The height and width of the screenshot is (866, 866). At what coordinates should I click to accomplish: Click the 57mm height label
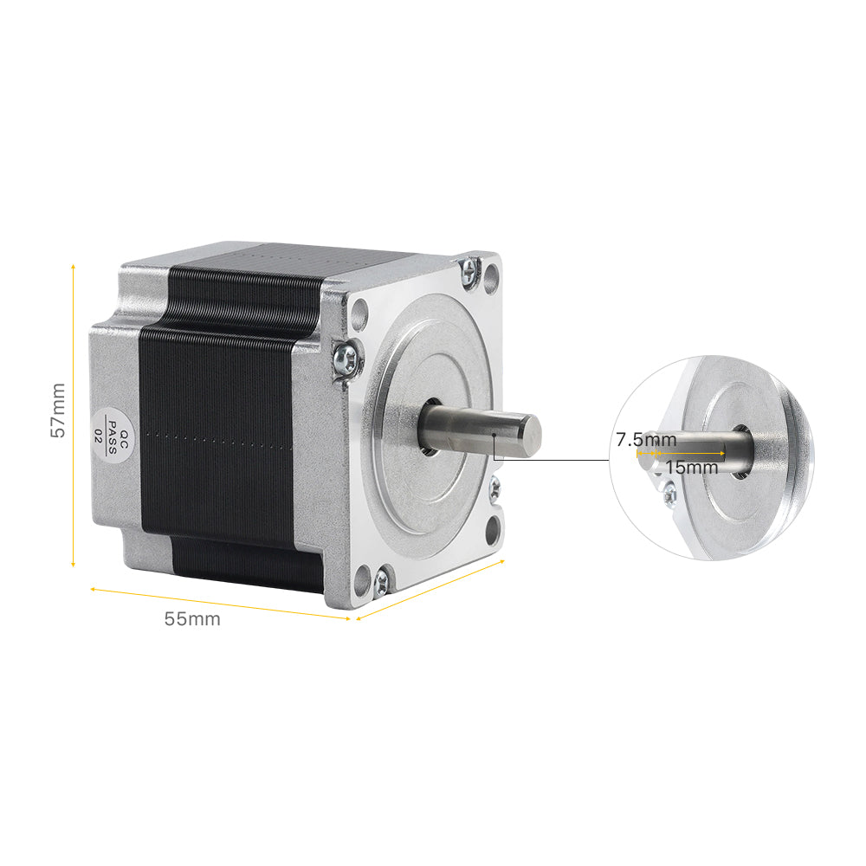coord(58,410)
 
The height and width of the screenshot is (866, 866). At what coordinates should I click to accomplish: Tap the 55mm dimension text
coord(192,619)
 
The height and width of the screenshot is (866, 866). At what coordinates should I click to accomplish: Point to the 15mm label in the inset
coord(692,467)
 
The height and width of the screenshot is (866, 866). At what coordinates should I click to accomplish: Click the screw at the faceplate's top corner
coord(471,269)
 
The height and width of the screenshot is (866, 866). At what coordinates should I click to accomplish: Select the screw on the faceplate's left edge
coord(346,357)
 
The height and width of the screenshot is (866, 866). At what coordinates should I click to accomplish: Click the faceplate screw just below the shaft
coord(494,488)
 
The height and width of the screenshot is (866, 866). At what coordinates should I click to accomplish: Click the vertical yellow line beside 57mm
coord(74,416)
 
